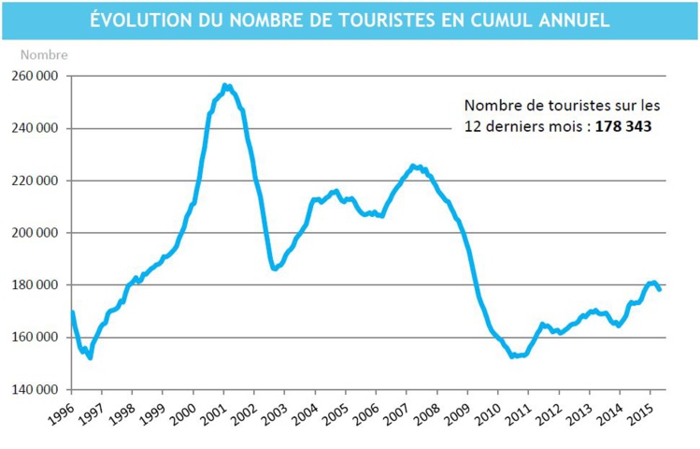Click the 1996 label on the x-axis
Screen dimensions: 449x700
(61, 413)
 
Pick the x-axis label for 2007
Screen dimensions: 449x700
(396, 413)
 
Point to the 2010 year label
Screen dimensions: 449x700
(488, 413)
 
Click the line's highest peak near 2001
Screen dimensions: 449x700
(225, 86)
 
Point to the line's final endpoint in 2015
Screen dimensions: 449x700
(660, 289)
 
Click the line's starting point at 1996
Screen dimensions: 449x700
(72, 312)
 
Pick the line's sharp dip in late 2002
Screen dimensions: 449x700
(274, 268)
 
